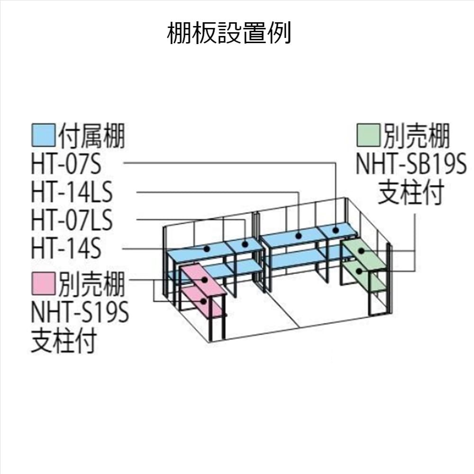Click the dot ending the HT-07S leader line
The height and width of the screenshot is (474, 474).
336,230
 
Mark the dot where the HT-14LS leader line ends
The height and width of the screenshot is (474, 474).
299,236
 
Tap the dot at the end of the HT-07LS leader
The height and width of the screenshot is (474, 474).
245,244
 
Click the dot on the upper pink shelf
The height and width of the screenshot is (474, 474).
205,280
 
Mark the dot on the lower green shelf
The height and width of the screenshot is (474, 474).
359,271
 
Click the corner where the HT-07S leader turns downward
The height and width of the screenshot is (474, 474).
336,163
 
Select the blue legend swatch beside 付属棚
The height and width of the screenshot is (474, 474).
44,135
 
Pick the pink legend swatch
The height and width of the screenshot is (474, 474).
44,283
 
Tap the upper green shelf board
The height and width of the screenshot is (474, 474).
364,253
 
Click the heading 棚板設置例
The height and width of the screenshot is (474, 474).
229,33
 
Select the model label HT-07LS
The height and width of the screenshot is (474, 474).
72,220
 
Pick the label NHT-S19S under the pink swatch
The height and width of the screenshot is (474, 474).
80,312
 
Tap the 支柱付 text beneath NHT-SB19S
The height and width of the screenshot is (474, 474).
411,192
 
